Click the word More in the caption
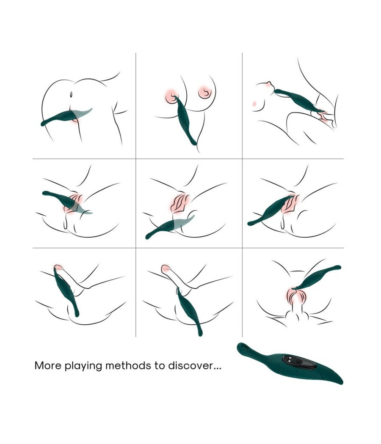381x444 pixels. tap(47, 365)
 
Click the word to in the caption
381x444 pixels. tap(159, 366)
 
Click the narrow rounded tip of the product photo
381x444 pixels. tap(241, 347)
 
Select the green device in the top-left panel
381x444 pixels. tap(66, 116)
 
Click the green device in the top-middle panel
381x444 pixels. tap(184, 121)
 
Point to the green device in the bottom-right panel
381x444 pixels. tap(317, 277)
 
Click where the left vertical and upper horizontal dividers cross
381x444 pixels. tap(136, 159)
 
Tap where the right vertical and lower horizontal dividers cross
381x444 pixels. tap(243, 248)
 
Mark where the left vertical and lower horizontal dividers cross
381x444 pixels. tap(136, 248)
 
